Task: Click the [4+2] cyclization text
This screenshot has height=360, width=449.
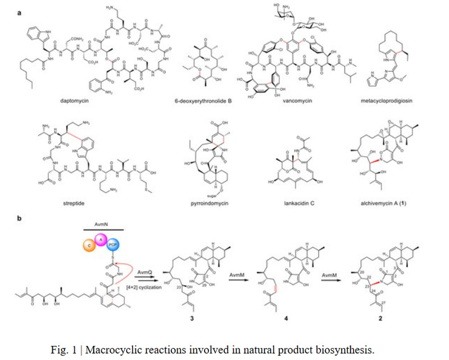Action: (149, 277)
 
